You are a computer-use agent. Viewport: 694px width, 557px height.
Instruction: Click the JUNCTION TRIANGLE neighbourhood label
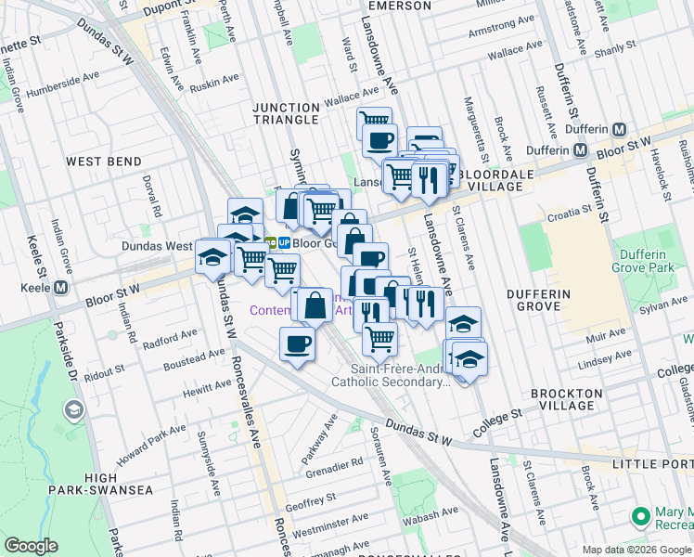click(287, 113)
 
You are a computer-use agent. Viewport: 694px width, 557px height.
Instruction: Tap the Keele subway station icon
click(60, 288)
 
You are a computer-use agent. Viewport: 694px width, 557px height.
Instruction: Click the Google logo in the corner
click(32, 546)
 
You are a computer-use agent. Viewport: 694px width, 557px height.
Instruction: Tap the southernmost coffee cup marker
click(297, 344)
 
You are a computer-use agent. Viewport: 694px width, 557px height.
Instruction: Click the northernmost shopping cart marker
click(374, 122)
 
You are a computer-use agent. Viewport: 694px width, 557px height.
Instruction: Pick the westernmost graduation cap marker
click(212, 255)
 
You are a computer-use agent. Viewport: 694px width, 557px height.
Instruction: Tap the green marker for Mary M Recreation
click(639, 516)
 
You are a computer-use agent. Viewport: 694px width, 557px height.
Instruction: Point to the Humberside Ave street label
click(60, 90)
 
